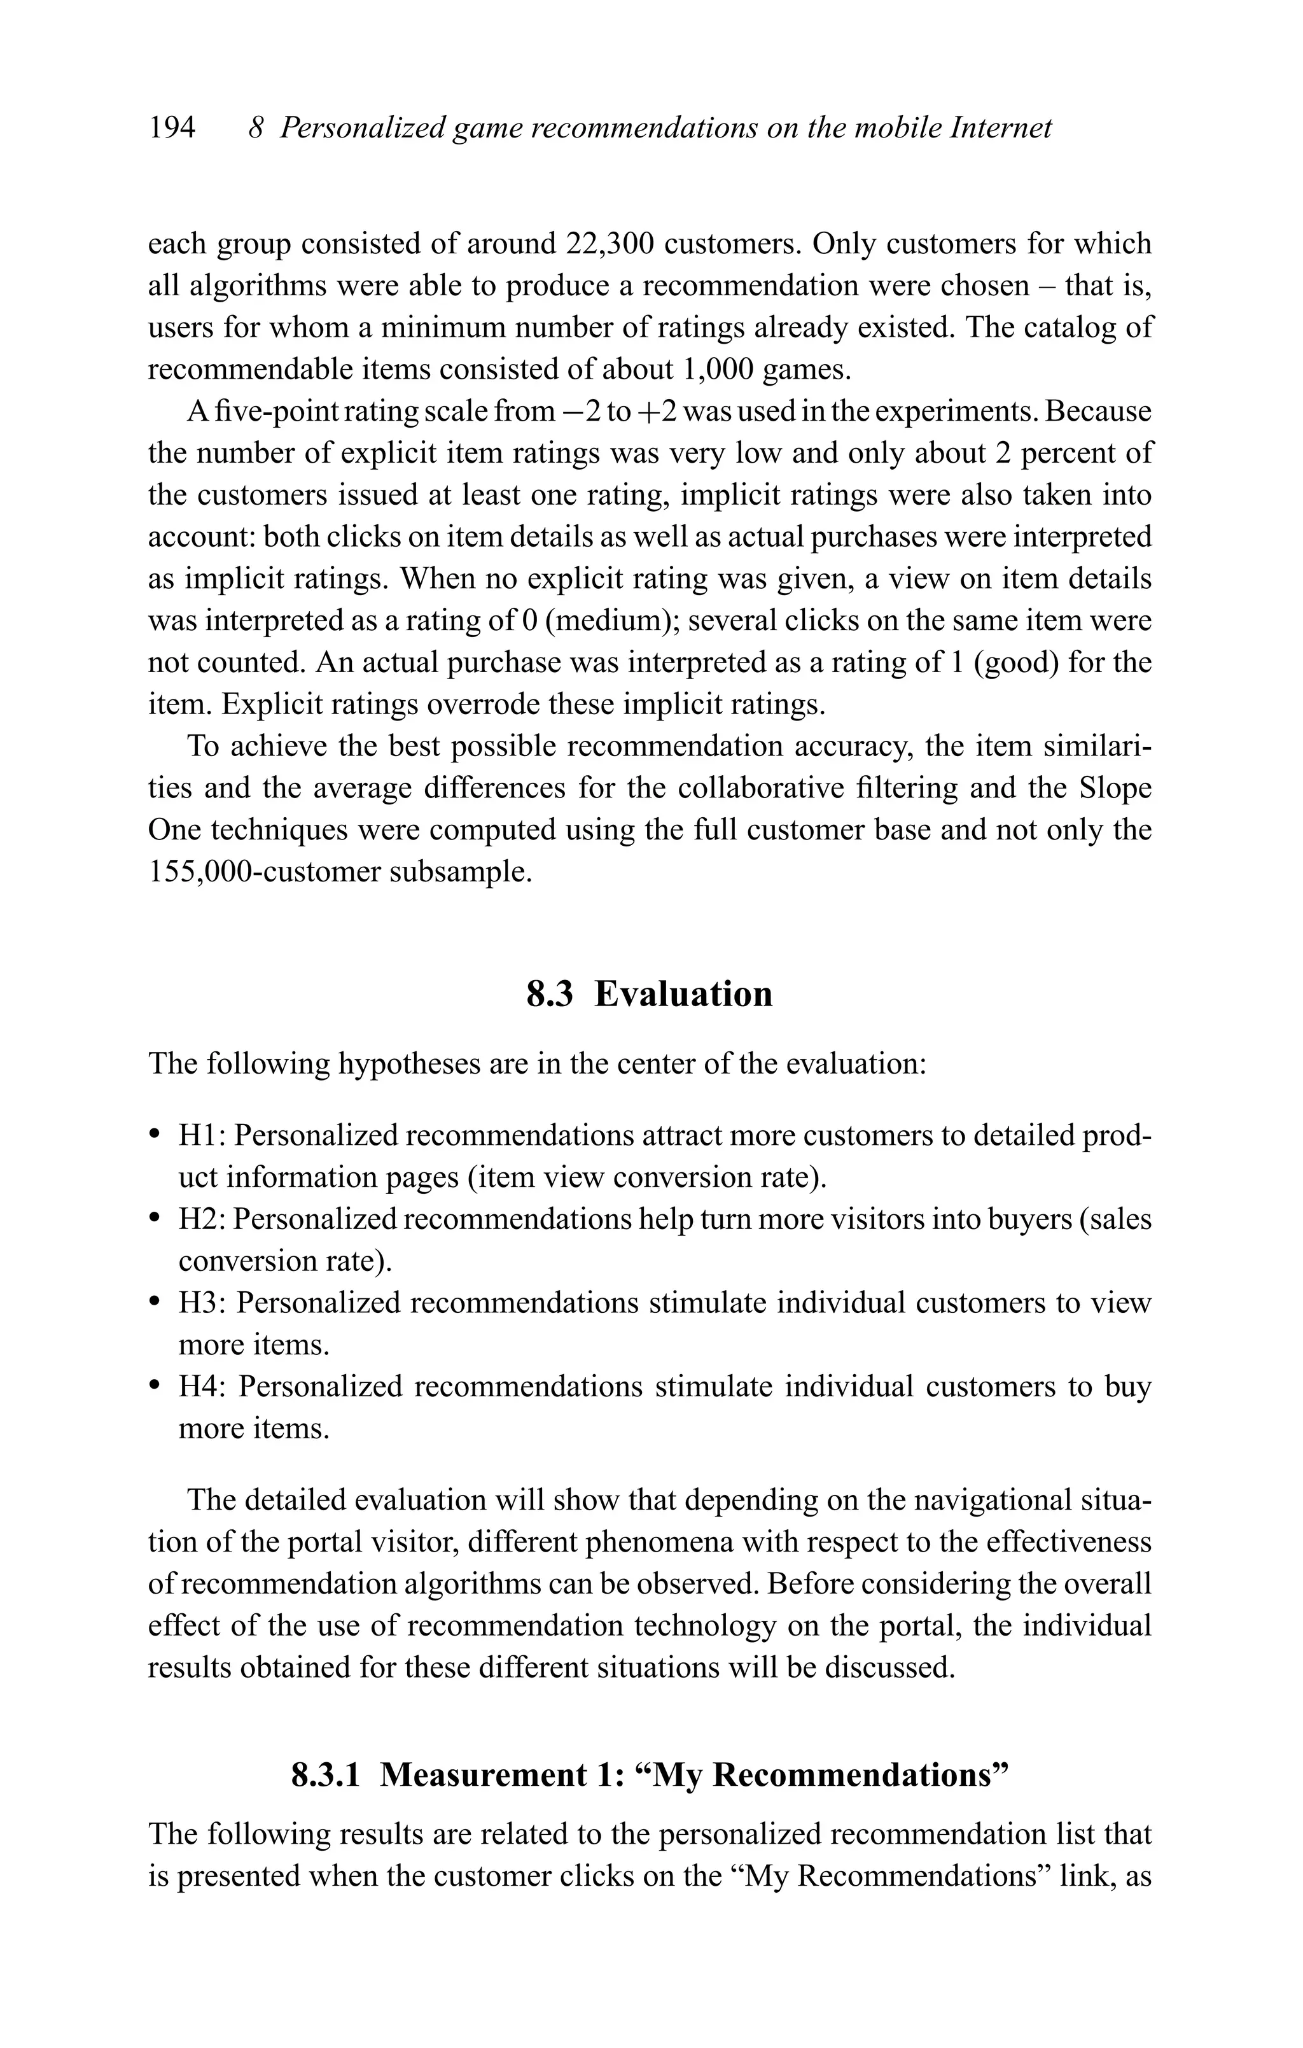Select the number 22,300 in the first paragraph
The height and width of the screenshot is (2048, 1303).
tap(609, 244)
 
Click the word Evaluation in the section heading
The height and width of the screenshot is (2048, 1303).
tap(683, 993)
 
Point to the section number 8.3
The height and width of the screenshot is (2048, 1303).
tap(550, 993)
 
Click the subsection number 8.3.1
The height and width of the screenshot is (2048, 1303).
tap(326, 1775)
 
